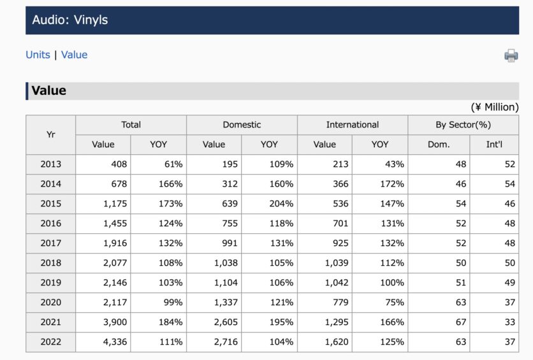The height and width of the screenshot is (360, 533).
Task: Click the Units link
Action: [38, 55]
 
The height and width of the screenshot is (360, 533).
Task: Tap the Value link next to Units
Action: [74, 55]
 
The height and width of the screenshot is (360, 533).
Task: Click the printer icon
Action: [511, 55]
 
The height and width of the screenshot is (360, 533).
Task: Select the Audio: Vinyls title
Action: [70, 20]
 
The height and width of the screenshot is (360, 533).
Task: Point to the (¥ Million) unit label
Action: [495, 107]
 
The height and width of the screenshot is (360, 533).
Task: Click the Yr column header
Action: [50, 134]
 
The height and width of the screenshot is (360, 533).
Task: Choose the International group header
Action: [353, 125]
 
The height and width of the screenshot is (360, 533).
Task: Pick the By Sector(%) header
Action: [464, 125]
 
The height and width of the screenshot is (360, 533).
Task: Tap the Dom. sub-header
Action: [439, 145]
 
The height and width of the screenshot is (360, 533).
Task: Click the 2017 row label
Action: [50, 243]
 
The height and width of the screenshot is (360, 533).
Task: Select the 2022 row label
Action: [50, 342]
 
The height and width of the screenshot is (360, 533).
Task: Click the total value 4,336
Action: [115, 342]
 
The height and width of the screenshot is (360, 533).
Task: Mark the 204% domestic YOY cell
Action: [281, 204]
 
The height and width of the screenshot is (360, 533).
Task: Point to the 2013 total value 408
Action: [119, 164]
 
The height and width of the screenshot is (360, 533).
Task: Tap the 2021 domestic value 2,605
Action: [226, 322]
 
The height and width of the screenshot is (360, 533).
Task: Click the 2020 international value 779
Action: [340, 302]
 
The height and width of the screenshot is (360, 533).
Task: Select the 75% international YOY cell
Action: [394, 302]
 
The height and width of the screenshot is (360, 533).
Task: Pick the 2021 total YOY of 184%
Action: [171, 322]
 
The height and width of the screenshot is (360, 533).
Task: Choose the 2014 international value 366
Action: [340, 184]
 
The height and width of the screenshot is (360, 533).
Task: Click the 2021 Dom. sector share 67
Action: [461, 322]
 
